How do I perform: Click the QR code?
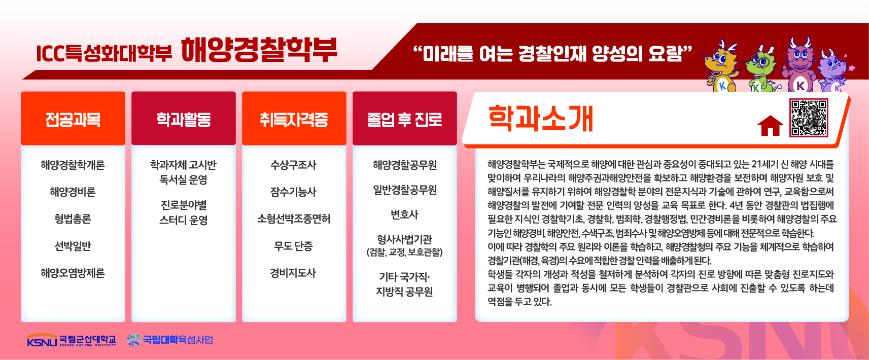pyautogui.click(x=809, y=118)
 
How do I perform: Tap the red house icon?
pyautogui.click(x=770, y=126)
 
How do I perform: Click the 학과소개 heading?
pyautogui.click(x=540, y=118)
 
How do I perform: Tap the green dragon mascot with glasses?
pyautogui.click(x=761, y=70)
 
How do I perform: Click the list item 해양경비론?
pyautogui.click(x=73, y=192)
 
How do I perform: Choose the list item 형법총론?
pyautogui.click(x=73, y=219)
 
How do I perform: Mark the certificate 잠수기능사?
pyautogui.click(x=293, y=192)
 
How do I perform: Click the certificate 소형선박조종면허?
pyautogui.click(x=294, y=219)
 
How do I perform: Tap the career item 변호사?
pyautogui.click(x=404, y=214)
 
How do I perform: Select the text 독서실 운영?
pyautogui.click(x=183, y=179)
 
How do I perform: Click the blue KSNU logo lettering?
pyautogui.click(x=42, y=342)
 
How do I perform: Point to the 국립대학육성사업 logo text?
pyautogui.click(x=178, y=340)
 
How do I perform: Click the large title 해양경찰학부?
pyautogui.click(x=259, y=50)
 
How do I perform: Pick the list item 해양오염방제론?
pyautogui.click(x=73, y=273)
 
